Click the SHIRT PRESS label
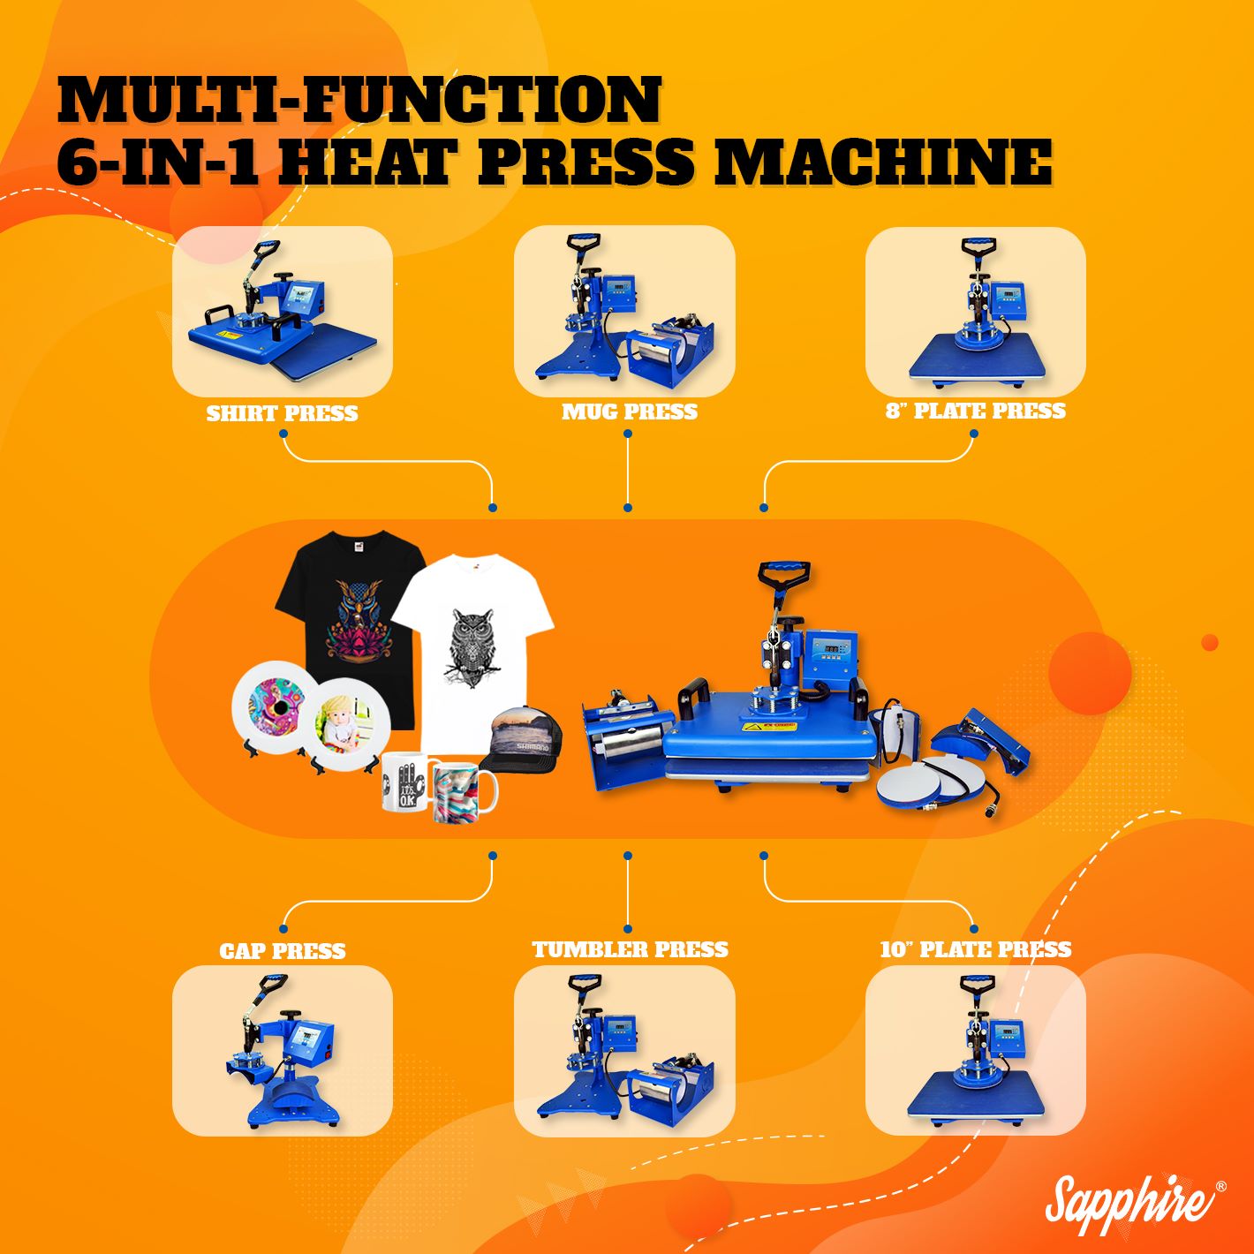(282, 413)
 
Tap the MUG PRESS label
(630, 412)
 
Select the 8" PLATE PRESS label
(976, 411)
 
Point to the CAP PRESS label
(282, 951)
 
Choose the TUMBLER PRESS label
(630, 949)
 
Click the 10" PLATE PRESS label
(976, 949)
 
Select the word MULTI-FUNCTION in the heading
(359, 100)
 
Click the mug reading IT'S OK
(404, 782)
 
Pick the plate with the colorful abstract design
(275, 707)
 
